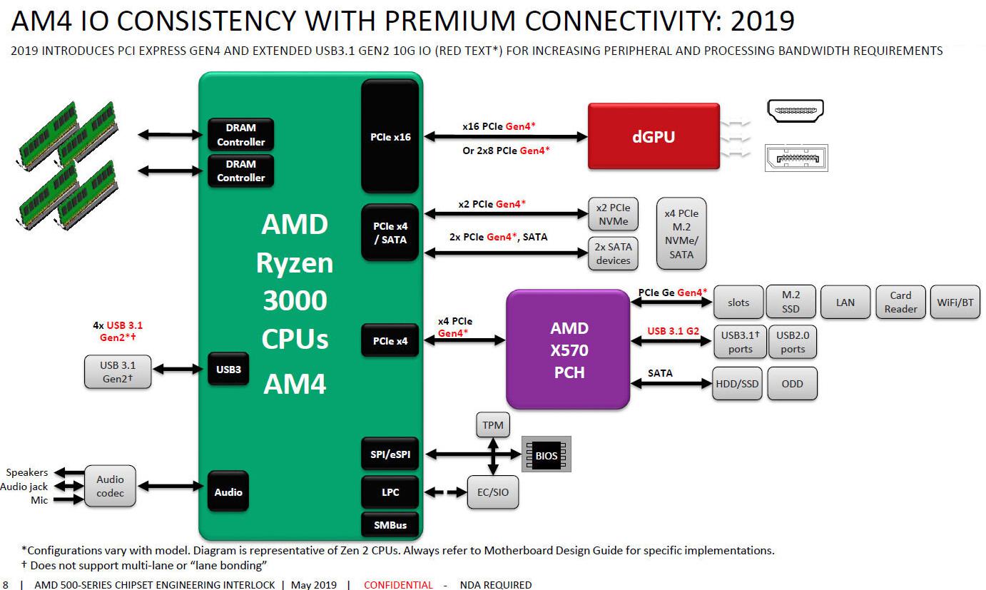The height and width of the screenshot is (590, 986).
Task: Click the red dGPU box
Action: pos(654,136)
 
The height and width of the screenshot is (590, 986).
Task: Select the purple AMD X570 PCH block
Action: pos(568,350)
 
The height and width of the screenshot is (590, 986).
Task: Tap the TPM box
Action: pos(492,426)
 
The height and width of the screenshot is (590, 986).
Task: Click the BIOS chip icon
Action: pos(547,454)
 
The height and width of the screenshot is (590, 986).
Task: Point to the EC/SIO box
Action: pos(493,492)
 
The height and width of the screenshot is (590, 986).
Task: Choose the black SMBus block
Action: pos(390,525)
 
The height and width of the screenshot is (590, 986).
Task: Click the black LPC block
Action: pos(390,492)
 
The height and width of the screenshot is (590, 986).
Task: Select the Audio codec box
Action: pos(110,487)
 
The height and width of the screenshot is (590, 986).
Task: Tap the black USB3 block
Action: pos(228,370)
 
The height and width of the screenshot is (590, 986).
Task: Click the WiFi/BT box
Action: pos(955,302)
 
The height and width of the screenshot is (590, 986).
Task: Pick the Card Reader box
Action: pos(900,302)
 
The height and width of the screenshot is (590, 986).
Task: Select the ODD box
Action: pos(792,384)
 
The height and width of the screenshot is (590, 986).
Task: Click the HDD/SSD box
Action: pos(738,384)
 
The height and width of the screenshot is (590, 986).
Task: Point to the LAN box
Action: pos(845,302)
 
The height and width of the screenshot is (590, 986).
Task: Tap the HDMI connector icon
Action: pos(795,110)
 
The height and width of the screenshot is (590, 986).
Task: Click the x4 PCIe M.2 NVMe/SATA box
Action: pos(681,234)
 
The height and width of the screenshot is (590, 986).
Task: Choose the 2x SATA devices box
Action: pos(613,253)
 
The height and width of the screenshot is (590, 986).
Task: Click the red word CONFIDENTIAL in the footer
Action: pos(398,585)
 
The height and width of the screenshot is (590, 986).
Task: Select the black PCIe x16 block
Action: pos(390,136)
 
